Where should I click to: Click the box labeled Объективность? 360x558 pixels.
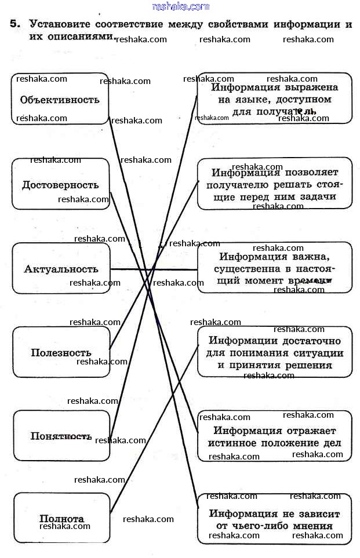(60, 99)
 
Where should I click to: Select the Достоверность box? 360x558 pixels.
(60, 184)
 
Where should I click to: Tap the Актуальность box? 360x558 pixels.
(61, 269)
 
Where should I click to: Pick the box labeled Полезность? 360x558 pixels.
(61, 352)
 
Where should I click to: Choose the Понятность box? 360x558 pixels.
(61, 436)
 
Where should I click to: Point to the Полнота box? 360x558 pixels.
(61, 518)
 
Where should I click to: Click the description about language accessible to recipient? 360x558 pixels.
(274, 99)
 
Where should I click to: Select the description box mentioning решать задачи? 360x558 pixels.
(274, 184)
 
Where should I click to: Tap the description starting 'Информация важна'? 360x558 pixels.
(274, 268)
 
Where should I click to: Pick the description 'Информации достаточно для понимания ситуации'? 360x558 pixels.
(274, 352)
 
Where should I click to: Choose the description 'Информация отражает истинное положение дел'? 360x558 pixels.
(274, 436)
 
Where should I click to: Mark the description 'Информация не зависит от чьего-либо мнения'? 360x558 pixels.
(274, 519)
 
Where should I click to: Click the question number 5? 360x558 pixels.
(14, 25)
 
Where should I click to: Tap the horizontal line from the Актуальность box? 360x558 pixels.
(154, 269)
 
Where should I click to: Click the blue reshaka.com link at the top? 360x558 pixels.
(180, 6)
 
